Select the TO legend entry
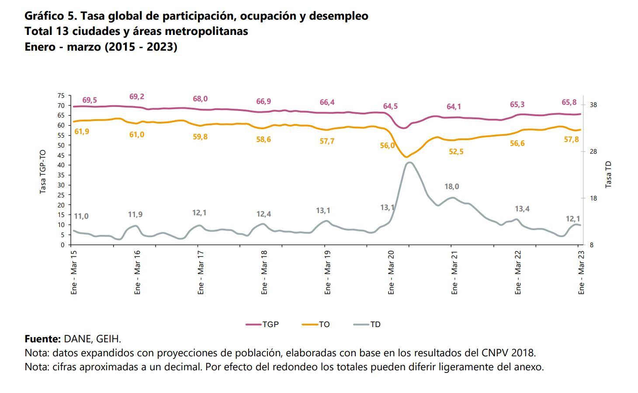(x=316, y=324)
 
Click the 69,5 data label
(x=90, y=100)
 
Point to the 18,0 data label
(x=451, y=186)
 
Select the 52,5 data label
(x=456, y=152)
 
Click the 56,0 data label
(x=387, y=145)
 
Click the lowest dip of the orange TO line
(x=406, y=157)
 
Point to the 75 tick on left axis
(x=61, y=96)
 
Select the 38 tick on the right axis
(x=593, y=105)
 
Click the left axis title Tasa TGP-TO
(x=43, y=172)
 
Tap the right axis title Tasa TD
(x=608, y=175)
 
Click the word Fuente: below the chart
(x=42, y=339)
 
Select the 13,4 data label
(x=522, y=209)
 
